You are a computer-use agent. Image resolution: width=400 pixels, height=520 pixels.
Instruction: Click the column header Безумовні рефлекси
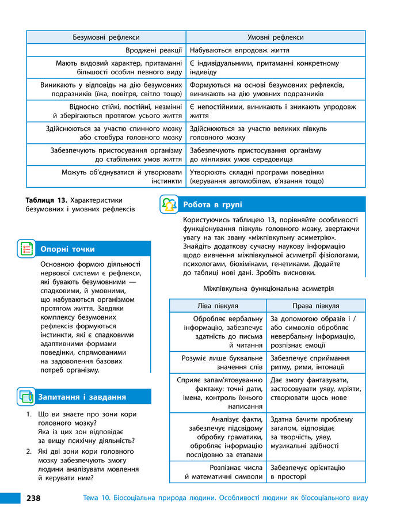pyautogui.click(x=106, y=37)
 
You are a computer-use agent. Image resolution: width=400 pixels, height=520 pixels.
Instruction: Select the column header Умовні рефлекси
pyautogui.click(x=275, y=37)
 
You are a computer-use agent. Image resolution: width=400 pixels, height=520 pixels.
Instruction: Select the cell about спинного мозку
pyautogui.click(x=113, y=133)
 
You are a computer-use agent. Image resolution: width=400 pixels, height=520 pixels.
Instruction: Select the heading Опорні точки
pyautogui.click(x=67, y=249)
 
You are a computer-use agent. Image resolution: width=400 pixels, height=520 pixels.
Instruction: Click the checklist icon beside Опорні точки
pyautogui.click(x=26, y=249)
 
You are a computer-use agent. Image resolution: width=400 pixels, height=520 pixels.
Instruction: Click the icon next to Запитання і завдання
pyautogui.click(x=26, y=397)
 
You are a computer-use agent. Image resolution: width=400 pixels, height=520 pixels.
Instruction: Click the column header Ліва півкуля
pyautogui.click(x=218, y=306)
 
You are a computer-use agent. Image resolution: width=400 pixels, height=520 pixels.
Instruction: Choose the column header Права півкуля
pyautogui.click(x=315, y=306)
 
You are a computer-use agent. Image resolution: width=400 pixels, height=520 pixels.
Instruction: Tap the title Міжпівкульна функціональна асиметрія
pyautogui.click(x=268, y=288)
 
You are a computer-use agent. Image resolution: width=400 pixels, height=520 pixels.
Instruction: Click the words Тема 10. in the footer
pyautogui.click(x=93, y=498)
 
